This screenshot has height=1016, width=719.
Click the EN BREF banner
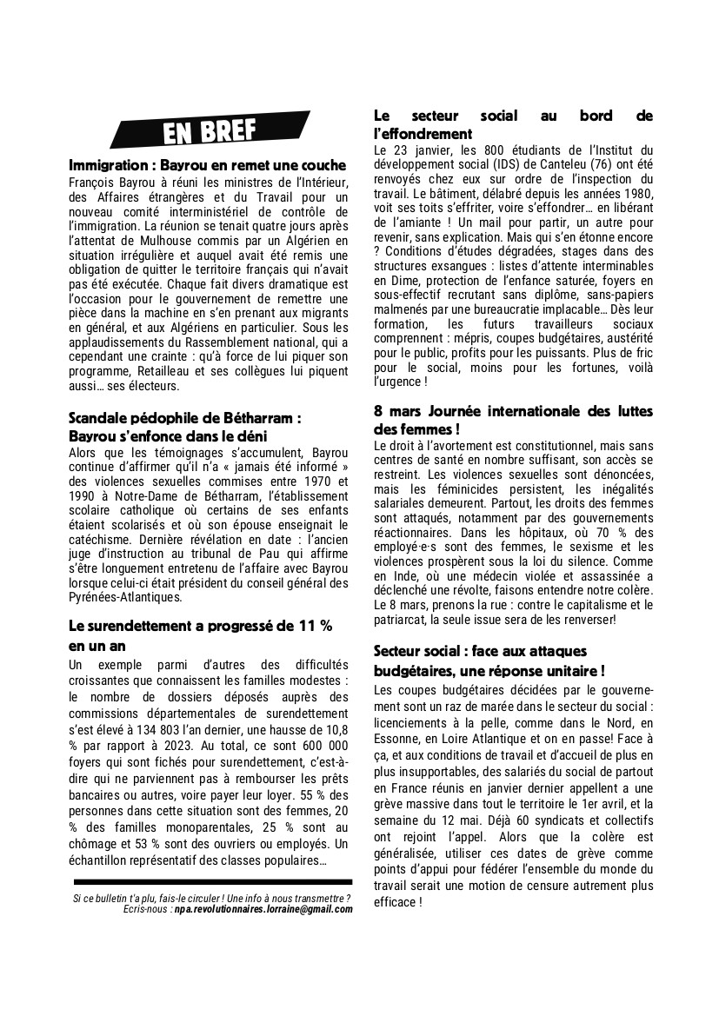[210, 131]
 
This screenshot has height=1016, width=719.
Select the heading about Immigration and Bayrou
[207, 165]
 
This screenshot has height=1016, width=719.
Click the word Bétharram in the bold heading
[255, 417]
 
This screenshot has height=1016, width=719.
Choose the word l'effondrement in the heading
[423, 134]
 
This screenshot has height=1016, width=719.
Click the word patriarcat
[403, 619]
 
